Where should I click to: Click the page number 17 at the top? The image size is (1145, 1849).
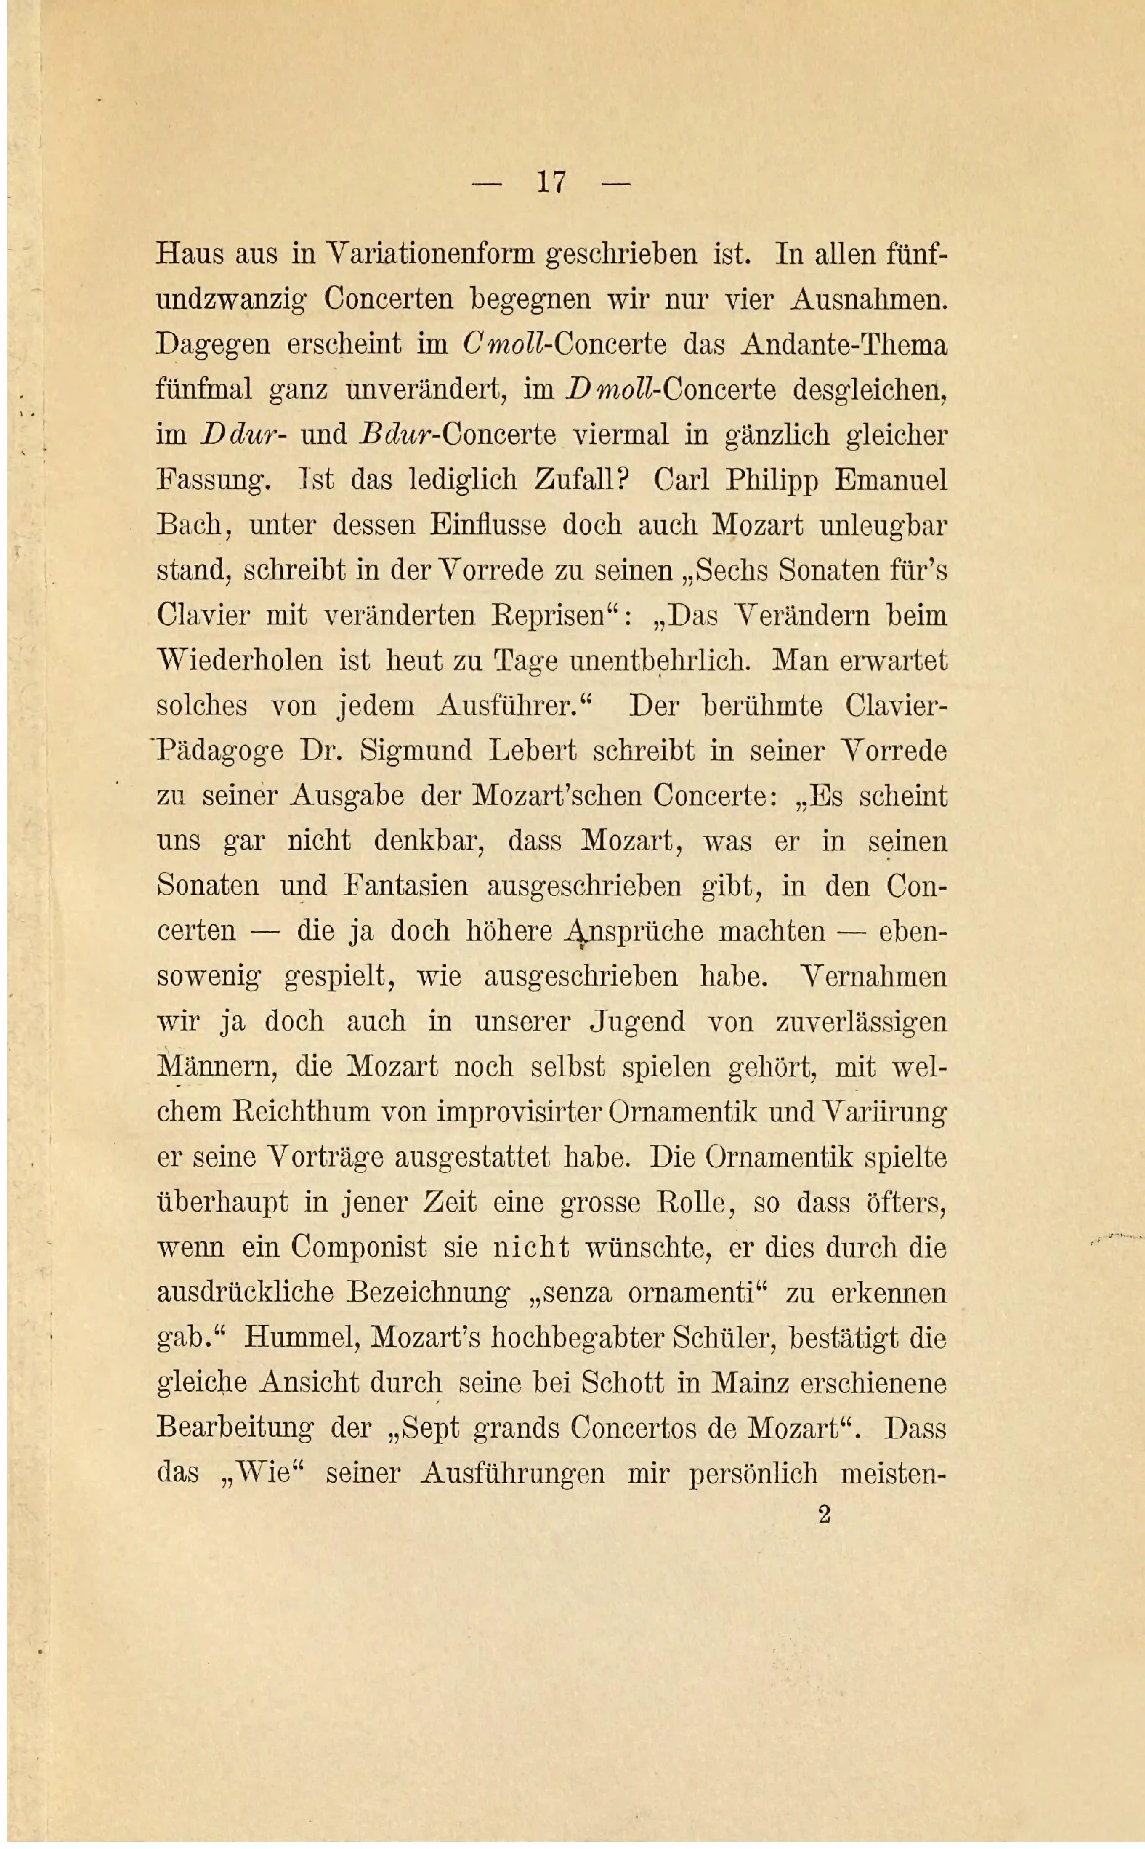(551, 183)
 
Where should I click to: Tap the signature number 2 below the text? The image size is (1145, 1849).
(825, 1514)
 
